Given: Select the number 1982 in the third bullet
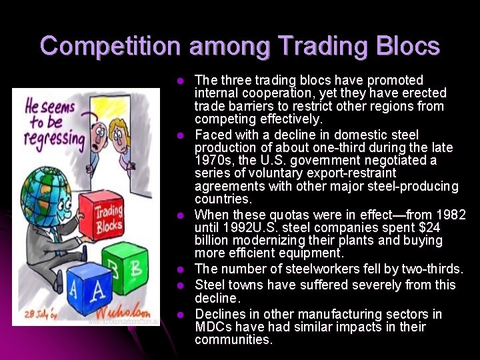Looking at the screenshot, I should tap(451, 215).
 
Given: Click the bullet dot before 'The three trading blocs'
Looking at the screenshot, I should tap(179, 81).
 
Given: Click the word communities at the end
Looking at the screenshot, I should tap(233, 339).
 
